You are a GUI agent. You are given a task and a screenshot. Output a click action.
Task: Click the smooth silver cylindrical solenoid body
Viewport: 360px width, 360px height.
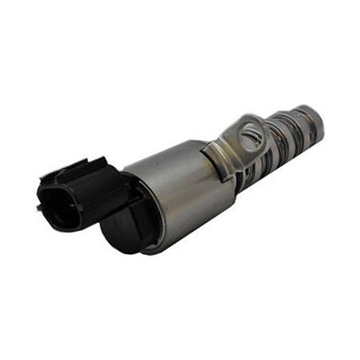tap(179, 191)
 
